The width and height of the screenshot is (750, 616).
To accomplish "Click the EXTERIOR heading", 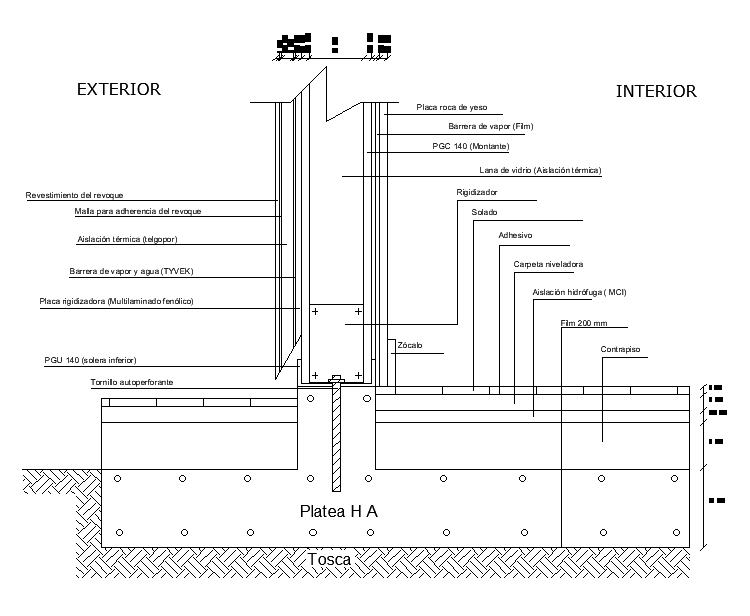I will (119, 89).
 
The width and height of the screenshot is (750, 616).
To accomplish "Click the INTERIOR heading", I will (656, 91).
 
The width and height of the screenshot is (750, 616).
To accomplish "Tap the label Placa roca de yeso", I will (451, 106).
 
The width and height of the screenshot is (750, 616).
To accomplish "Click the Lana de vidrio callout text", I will (540, 170).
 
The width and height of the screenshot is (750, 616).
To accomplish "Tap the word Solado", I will (484, 213).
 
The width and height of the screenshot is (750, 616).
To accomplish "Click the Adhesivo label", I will (515, 236).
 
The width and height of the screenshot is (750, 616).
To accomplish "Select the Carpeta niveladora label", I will (548, 264).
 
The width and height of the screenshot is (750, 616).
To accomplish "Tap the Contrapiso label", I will (620, 349).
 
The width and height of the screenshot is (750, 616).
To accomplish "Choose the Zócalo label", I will (410, 345).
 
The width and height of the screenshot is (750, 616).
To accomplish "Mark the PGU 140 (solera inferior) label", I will (90, 359).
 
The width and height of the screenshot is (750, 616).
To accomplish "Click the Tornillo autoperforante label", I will (131, 382).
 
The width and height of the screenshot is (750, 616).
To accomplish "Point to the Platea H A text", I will (339, 512).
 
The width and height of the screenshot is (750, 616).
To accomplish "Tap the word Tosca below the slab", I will (330, 559).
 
